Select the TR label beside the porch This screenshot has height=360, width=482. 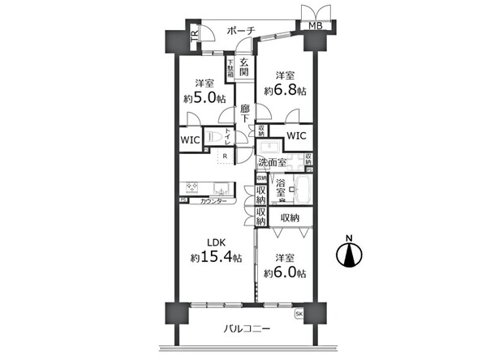point(195,36)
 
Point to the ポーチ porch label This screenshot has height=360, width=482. point(241,30)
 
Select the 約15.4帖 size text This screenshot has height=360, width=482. point(216,258)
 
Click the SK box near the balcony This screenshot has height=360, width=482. point(299,313)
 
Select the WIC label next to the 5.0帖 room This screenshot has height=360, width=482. point(190,139)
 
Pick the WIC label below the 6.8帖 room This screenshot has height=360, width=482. point(295,135)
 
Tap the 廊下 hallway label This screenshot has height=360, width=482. point(245,113)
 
